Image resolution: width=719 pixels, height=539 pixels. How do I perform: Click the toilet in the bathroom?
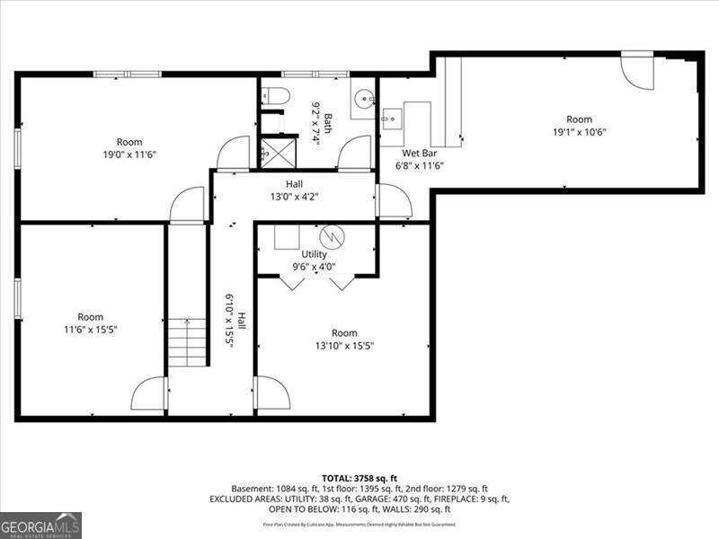[276, 96]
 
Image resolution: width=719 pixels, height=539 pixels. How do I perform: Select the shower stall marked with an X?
[278, 153]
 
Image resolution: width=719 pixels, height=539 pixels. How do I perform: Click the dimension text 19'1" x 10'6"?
[580, 132]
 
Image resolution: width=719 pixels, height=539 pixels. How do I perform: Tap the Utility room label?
[314, 254]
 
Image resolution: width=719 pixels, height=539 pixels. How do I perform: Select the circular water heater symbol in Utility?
[333, 235]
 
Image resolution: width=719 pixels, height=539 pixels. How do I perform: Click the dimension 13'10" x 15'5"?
[344, 345]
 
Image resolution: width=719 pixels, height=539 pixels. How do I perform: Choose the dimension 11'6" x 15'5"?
[90, 330]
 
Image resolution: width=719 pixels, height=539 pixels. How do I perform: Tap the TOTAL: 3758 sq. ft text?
[359, 477]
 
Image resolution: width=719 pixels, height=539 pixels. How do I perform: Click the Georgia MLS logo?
[40, 525]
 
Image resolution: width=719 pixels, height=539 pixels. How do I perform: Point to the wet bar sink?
[392, 117]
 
